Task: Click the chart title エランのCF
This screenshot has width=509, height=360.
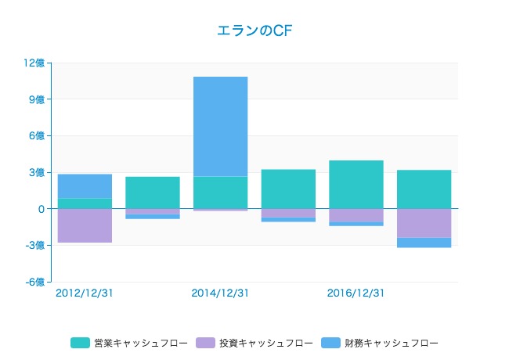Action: [254, 31]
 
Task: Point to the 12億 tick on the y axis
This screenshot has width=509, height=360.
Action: [35, 63]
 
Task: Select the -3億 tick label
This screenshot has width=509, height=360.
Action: [35, 246]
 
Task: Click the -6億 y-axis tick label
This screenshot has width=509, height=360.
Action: [35, 282]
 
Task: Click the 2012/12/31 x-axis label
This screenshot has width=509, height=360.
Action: [85, 293]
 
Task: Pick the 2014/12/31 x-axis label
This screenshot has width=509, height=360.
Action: [220, 293]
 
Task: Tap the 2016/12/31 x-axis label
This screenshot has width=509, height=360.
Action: [356, 293]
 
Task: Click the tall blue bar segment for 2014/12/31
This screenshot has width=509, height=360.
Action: [220, 126]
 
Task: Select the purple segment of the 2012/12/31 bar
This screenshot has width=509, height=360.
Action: [85, 225]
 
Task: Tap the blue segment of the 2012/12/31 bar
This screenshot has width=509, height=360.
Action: [85, 186]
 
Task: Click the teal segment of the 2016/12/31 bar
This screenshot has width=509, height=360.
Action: [356, 185]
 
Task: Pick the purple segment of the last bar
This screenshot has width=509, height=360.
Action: [424, 223]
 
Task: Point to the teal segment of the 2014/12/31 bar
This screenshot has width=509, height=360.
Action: [220, 193]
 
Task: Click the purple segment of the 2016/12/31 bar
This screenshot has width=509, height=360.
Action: [356, 215]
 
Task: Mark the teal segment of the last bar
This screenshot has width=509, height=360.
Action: [424, 189]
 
